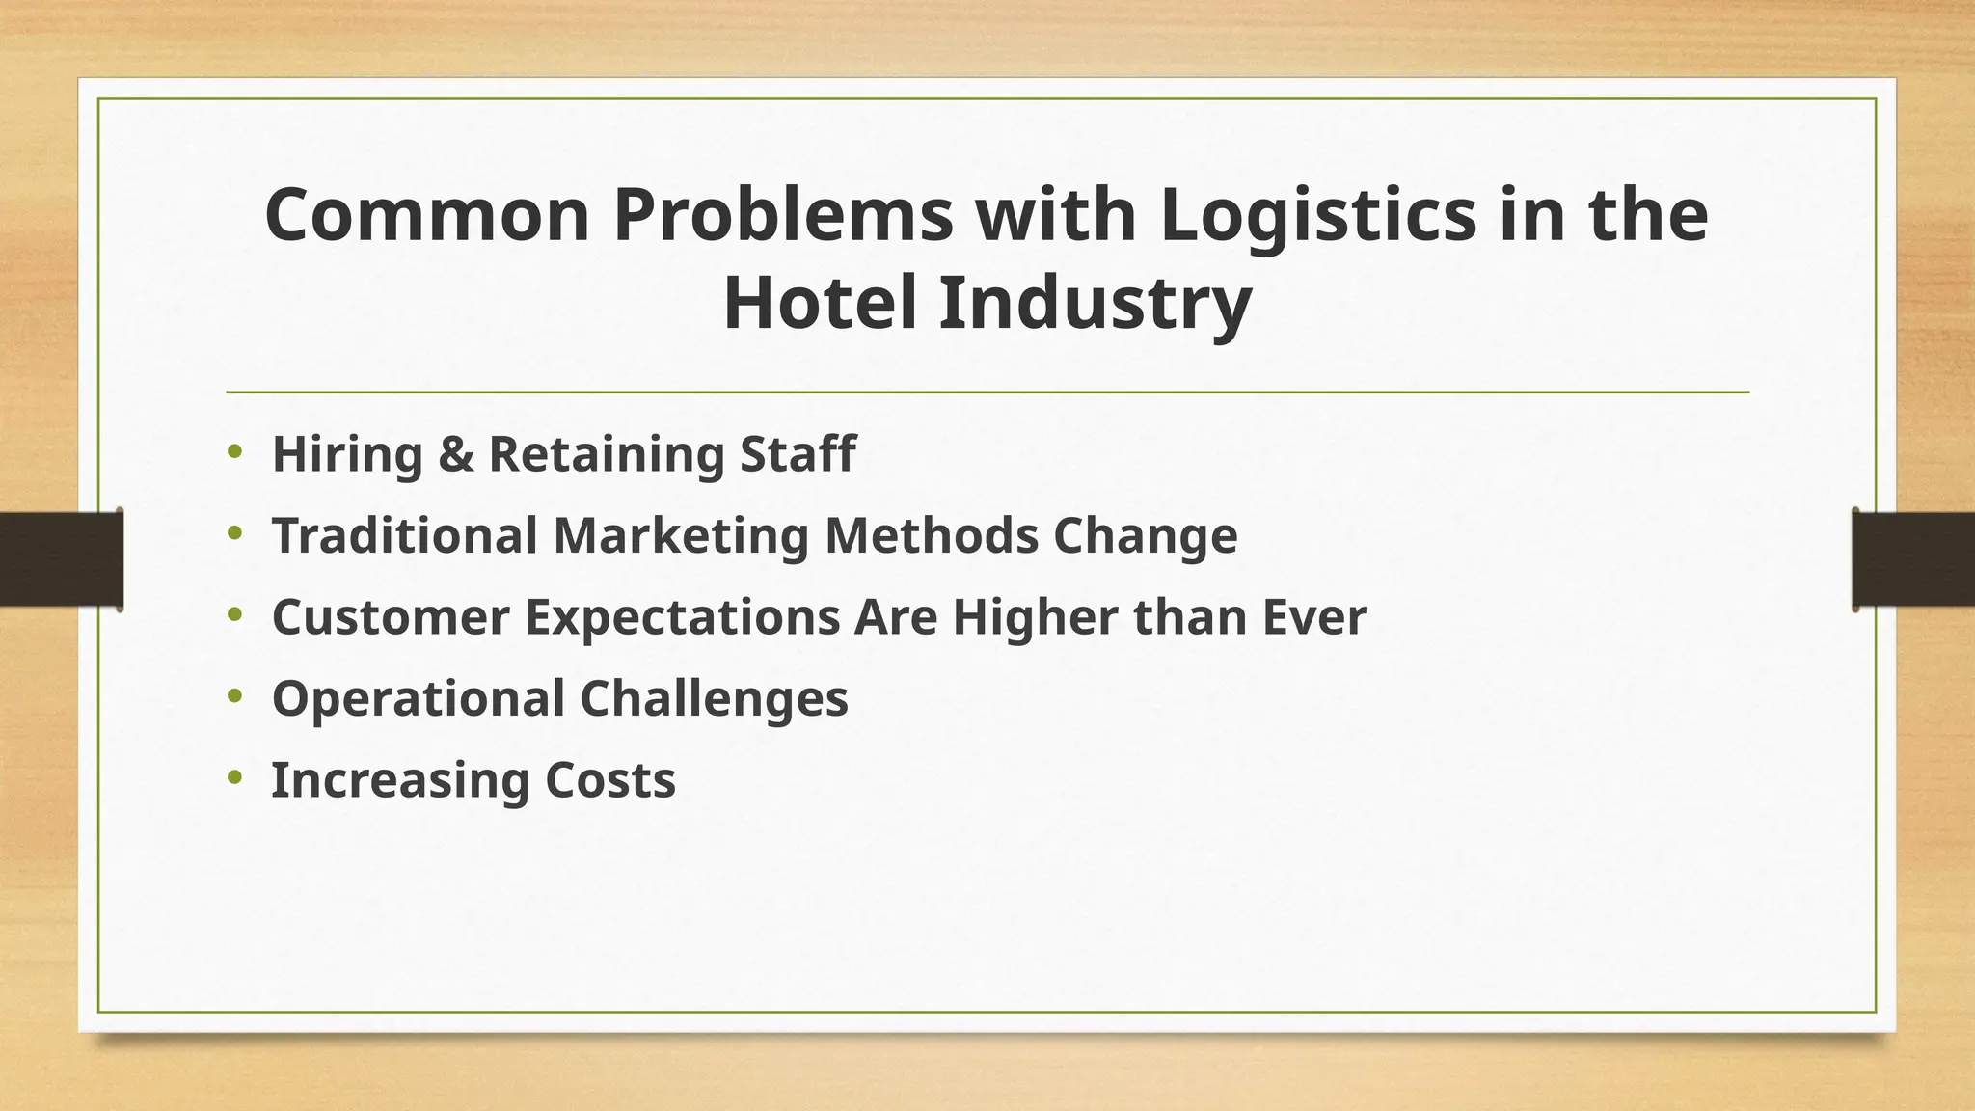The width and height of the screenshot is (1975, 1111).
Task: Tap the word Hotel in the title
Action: tap(820, 304)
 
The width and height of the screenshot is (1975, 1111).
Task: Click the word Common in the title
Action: tap(426, 216)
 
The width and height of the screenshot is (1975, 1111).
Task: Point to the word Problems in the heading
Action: tap(783, 216)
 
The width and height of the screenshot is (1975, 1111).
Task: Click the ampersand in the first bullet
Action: tap(455, 454)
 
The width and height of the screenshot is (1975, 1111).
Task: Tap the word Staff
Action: tap(798, 453)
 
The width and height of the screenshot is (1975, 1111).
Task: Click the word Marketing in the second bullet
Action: tap(681, 536)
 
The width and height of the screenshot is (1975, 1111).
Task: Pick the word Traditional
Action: tap(404, 535)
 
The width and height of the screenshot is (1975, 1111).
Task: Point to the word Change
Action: tap(1145, 537)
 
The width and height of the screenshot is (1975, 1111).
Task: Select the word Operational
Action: tap(418, 699)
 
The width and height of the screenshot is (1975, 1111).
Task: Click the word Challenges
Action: tap(714, 699)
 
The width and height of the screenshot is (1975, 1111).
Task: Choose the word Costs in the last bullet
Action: tap(609, 780)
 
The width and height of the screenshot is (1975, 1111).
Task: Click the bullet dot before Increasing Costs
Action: tap(235, 776)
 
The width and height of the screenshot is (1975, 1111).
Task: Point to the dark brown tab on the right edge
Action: tap(1913, 558)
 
